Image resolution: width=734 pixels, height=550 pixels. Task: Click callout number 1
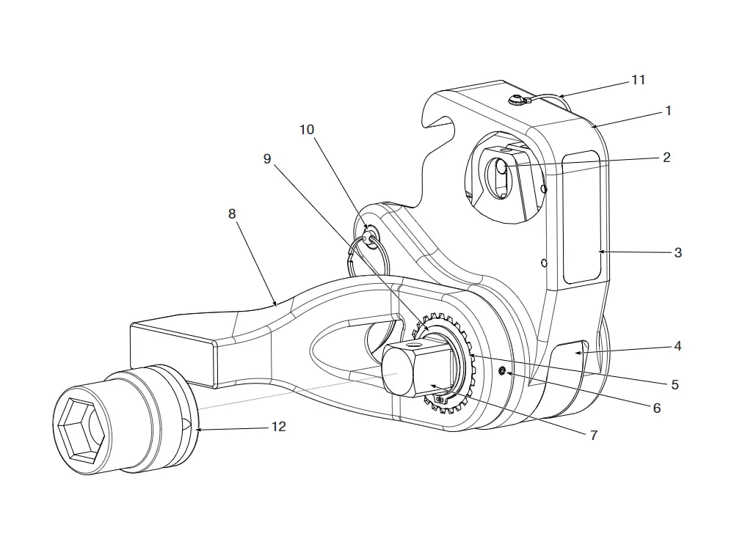click(668, 111)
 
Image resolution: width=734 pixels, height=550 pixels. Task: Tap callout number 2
click(666, 158)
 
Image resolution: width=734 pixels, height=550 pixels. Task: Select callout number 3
click(677, 252)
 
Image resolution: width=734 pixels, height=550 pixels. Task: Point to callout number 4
click(677, 345)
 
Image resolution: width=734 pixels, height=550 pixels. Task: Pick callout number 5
click(675, 384)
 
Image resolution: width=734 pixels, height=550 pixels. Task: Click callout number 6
click(656, 408)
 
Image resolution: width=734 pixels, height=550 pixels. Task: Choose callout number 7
click(593, 435)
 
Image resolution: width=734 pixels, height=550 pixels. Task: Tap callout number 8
click(232, 213)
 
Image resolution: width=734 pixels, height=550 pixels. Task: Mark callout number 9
click(267, 158)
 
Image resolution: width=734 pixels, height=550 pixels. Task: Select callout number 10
click(306, 130)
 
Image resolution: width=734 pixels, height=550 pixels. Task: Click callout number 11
click(638, 79)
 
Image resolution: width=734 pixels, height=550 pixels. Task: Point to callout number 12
click(279, 426)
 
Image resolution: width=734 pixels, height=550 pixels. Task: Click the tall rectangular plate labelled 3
click(584, 218)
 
